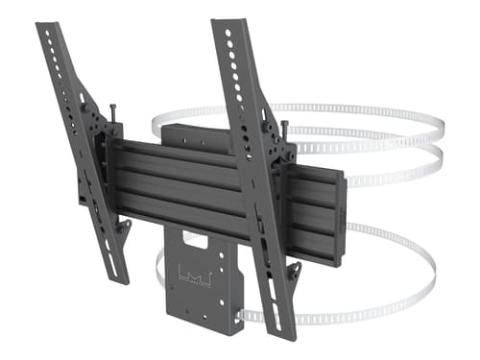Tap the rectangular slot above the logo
point(201,241)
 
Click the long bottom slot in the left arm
point(107,240)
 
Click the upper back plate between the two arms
point(197,134)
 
